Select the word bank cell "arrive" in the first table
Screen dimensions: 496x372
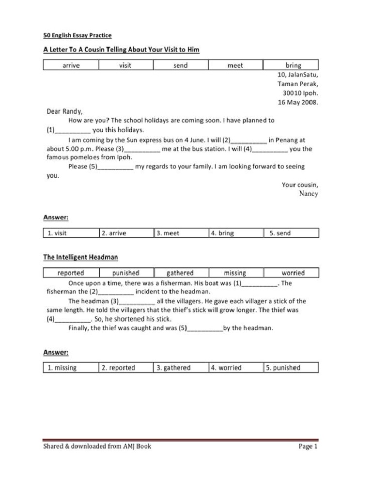tap(71, 65)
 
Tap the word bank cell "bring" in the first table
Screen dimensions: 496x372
tap(293, 65)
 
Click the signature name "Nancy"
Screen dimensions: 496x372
tap(309, 194)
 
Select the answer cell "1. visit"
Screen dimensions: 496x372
tap(71, 233)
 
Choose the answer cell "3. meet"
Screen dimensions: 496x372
tap(181, 233)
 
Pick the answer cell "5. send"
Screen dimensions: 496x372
tap(291, 233)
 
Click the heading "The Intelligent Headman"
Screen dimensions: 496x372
tap(80, 257)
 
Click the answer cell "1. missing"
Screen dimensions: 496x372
tap(71, 368)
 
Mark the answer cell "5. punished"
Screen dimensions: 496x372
tap(291, 368)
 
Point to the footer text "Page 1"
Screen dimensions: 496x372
tap(308, 447)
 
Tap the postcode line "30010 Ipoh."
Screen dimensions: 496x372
tap(300, 93)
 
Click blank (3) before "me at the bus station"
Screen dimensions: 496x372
tap(142, 149)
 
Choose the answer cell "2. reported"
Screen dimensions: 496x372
tap(125, 368)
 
